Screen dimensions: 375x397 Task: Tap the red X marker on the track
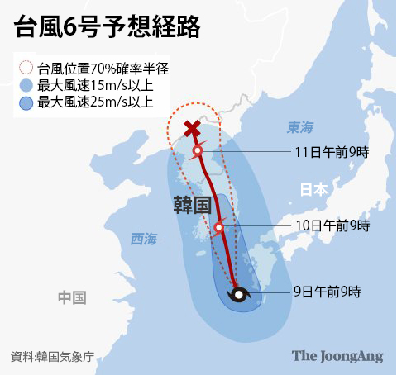[x=192, y=129]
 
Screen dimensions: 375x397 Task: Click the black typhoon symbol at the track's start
[x=238, y=294]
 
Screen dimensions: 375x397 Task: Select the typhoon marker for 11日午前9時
[x=198, y=151]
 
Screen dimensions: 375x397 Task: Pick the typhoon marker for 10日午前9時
[x=219, y=227]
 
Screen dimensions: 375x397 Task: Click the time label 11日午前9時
[x=332, y=152]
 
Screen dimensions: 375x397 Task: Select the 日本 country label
[x=313, y=189]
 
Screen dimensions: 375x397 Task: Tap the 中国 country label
[x=73, y=297]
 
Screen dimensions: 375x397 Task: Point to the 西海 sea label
[x=143, y=239]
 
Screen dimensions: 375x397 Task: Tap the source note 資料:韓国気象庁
[x=51, y=357]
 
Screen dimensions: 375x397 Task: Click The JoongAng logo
[x=337, y=356]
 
